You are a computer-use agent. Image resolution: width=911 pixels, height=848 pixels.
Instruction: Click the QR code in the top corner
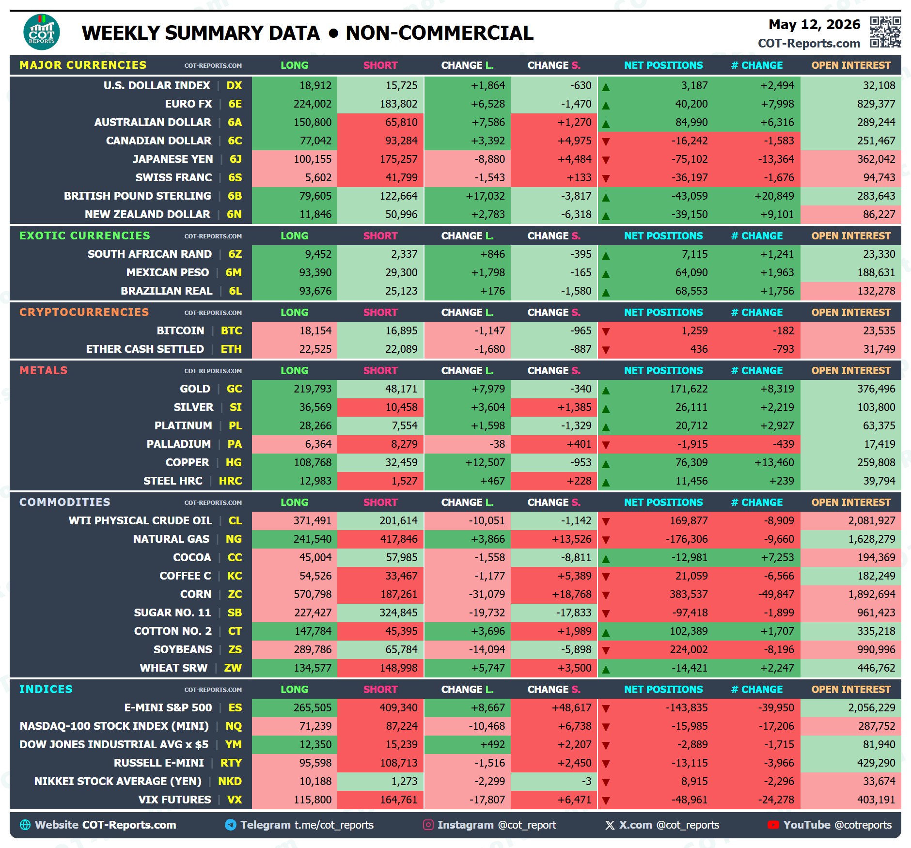pyautogui.click(x=885, y=32)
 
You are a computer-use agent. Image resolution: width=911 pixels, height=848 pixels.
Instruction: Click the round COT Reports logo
pyautogui.click(x=42, y=32)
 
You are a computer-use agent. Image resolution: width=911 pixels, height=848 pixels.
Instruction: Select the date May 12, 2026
pyautogui.click(x=814, y=24)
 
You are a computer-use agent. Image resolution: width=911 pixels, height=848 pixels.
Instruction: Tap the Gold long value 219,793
pyautogui.click(x=313, y=389)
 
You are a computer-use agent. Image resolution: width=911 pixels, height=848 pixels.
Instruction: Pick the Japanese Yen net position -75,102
pyautogui.click(x=689, y=159)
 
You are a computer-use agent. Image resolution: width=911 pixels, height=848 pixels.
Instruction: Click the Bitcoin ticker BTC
pyautogui.click(x=231, y=330)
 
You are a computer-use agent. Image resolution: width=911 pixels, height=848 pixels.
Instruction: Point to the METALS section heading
pyautogui.click(x=44, y=370)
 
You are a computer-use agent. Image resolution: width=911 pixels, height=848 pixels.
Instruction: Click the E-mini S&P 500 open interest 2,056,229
pyautogui.click(x=871, y=707)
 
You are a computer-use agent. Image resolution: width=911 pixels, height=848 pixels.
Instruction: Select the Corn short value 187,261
pyautogui.click(x=398, y=594)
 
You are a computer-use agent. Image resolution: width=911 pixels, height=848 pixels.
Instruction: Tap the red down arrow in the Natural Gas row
pyautogui.click(x=606, y=540)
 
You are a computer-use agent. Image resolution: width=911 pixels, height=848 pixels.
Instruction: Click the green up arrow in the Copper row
pyautogui.click(x=606, y=464)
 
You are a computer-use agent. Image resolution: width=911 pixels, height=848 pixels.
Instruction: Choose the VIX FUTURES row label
pyautogui.click(x=175, y=800)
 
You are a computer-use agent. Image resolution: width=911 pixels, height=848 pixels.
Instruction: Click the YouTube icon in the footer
pyautogui.click(x=773, y=825)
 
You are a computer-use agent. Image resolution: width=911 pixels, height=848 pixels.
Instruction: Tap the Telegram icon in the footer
pyautogui.click(x=231, y=825)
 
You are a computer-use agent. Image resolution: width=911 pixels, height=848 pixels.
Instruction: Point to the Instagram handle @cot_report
pyautogui.click(x=527, y=825)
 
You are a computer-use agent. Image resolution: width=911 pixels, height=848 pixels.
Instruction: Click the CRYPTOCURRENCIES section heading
pyautogui.click(x=84, y=312)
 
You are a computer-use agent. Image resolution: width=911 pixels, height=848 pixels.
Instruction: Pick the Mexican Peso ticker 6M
pyautogui.click(x=234, y=272)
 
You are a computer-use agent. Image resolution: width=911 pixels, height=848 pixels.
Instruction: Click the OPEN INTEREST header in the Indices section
pyautogui.click(x=851, y=689)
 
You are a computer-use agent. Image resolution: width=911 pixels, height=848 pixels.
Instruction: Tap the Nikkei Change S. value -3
pyautogui.click(x=586, y=781)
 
